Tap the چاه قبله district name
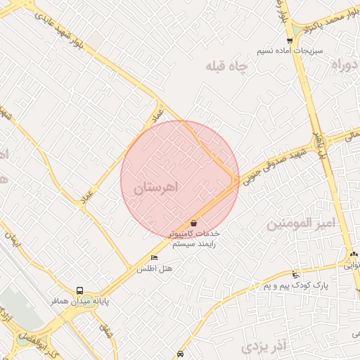coord(227,67)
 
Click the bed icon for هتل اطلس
coord(155,258)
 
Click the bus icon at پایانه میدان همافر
coord(79,290)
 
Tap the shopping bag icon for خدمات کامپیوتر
coord(194,223)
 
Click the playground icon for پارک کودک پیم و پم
coord(295,274)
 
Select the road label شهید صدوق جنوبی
coord(276,161)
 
